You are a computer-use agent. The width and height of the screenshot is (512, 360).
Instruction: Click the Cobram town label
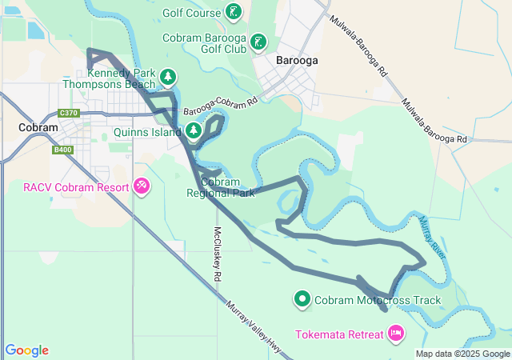coord(38,128)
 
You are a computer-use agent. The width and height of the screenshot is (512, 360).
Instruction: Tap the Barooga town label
coord(297,60)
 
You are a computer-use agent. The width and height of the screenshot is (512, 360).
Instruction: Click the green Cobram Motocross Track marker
coord(302,300)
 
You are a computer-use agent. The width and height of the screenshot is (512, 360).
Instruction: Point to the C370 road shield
coord(69,114)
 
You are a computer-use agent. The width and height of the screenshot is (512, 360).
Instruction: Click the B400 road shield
coord(62,150)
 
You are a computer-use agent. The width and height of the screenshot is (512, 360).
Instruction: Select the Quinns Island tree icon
coord(193,130)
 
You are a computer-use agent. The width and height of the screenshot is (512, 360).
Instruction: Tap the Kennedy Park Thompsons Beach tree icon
coord(167,77)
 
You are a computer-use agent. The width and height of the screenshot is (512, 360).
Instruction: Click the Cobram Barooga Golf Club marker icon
coord(258,41)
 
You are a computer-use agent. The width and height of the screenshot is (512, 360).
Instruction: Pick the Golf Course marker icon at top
coord(232,11)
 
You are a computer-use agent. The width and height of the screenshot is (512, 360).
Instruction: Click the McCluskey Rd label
coord(217,252)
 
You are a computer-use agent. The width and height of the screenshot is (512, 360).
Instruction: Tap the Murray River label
coord(431,236)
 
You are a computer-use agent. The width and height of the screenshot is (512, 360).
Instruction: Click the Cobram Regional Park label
coord(220,187)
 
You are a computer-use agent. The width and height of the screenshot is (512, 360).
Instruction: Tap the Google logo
coord(26,350)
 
